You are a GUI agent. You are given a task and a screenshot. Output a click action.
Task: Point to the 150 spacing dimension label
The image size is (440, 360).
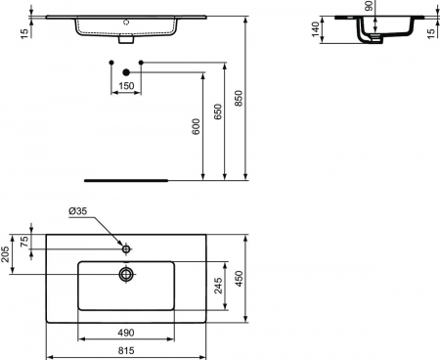pos(126,86)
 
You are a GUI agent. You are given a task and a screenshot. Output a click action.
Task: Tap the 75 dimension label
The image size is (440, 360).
pos(26,244)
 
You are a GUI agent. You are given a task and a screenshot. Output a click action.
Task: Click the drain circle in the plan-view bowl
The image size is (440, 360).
pos(126,275)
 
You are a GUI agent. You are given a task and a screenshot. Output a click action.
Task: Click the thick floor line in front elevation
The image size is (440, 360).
pos(127,180)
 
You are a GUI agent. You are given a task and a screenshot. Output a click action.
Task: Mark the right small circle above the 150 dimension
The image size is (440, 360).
pos(142,64)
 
